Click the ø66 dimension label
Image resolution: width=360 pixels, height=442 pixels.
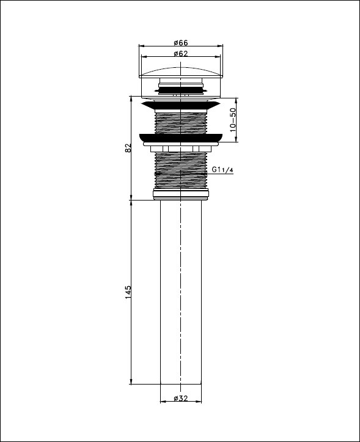tap(181, 43)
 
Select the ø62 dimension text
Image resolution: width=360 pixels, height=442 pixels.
tap(181, 54)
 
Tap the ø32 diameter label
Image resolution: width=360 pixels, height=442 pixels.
tap(181, 399)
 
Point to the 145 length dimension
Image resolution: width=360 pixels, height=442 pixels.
tap(128, 292)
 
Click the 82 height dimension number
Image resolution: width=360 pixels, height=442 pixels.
tap(128, 148)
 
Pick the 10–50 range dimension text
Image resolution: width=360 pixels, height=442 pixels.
tap(233, 120)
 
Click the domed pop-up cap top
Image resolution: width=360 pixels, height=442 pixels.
tap(181, 72)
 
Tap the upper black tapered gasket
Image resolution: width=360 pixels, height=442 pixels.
tap(181, 105)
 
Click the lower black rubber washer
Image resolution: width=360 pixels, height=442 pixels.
tap(181, 138)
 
